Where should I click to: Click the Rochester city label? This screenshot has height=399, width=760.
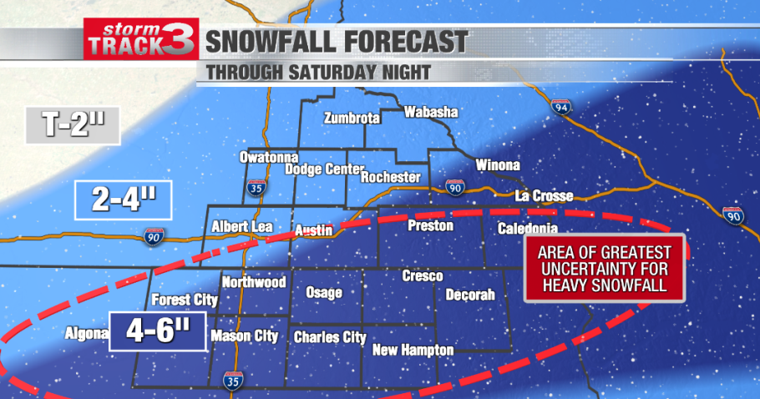tap(391, 177)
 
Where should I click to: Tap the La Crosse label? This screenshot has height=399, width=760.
tap(545, 197)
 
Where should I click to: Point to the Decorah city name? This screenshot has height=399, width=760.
tap(470, 295)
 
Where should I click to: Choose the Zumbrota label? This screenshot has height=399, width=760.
tap(352, 118)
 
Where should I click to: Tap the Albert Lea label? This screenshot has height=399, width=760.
tap(238, 226)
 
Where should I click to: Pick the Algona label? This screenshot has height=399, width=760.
tap(87, 334)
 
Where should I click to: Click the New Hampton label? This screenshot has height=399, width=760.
tap(413, 350)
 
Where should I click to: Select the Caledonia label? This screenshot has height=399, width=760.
tap(527, 229)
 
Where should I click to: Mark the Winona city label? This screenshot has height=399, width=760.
tap(498, 165)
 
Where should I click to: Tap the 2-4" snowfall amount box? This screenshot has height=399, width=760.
tap(123, 200)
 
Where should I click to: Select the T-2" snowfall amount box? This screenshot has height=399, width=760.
tap(73, 125)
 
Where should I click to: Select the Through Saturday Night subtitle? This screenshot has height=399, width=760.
tap(319, 72)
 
